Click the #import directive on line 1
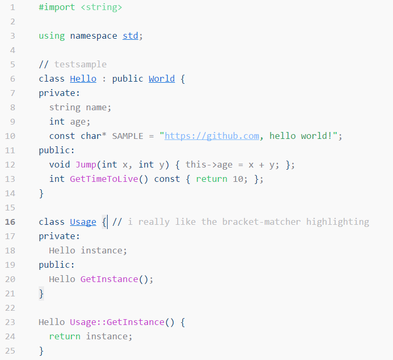point(57,7)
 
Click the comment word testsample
point(80,65)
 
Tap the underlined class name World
point(161,79)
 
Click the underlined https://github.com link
point(212,136)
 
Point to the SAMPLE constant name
point(127,136)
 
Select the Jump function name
point(85,165)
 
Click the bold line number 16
point(10,222)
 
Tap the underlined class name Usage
point(83,222)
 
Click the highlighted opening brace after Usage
point(104,222)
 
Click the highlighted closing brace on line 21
point(41,293)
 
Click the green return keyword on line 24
point(65,337)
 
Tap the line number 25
point(10,351)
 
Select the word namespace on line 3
point(93,36)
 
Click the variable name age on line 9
point(77,122)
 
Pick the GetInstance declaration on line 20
point(109,279)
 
